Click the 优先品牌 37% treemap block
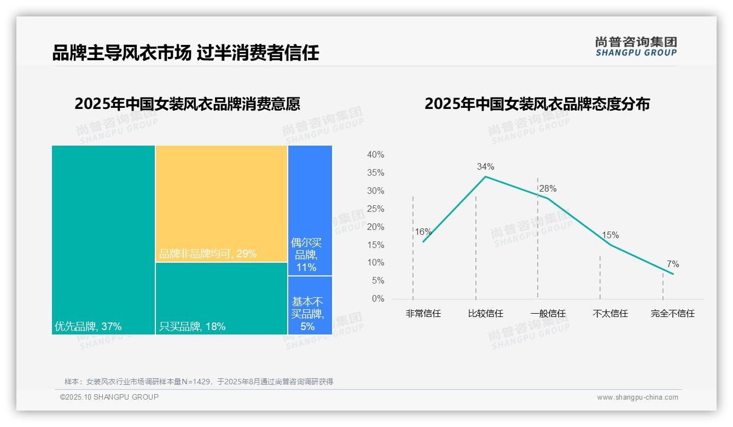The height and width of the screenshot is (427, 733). pyautogui.click(x=103, y=239)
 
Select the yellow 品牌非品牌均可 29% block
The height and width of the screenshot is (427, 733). pyautogui.click(x=222, y=203)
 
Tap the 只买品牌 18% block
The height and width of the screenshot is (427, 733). pyautogui.click(x=222, y=298)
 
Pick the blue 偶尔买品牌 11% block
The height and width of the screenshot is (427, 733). pyautogui.click(x=310, y=210)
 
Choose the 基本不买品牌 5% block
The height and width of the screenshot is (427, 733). pyautogui.click(x=310, y=305)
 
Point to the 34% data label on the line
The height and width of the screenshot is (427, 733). pyautogui.click(x=485, y=166)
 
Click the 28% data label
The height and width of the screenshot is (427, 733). pyautogui.click(x=548, y=189)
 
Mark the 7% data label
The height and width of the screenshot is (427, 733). pyautogui.click(x=672, y=264)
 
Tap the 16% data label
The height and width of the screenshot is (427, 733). pyautogui.click(x=423, y=232)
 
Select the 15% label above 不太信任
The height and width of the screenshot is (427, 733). pyautogui.click(x=610, y=235)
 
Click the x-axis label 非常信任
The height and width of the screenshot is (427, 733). pyautogui.click(x=423, y=314)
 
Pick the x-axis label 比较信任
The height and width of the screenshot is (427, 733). pyautogui.click(x=485, y=314)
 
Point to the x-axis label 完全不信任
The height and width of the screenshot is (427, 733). pyautogui.click(x=672, y=314)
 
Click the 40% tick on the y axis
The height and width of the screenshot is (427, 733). pyautogui.click(x=375, y=155)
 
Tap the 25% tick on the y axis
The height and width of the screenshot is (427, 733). pyautogui.click(x=375, y=209)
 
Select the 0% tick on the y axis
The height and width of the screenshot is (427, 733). pyautogui.click(x=377, y=299)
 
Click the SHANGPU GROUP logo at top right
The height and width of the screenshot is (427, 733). pyautogui.click(x=636, y=47)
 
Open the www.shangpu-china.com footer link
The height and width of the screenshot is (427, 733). pyautogui.click(x=637, y=397)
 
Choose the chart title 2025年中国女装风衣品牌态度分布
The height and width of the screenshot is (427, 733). pyautogui.click(x=537, y=104)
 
